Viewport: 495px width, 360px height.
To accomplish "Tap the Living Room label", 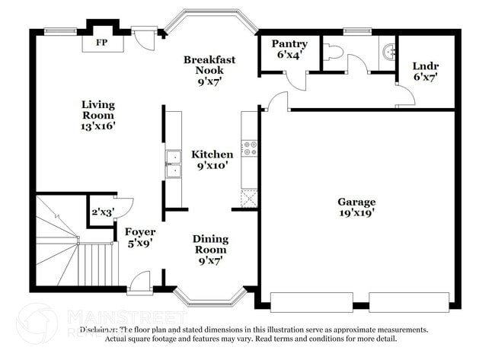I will (99, 115).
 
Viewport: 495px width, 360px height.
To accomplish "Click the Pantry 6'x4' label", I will (289, 49).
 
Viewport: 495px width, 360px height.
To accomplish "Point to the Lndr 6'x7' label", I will (426, 71).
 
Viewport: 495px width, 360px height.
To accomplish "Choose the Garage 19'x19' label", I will (357, 207).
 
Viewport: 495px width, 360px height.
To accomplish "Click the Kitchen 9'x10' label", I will (212, 159).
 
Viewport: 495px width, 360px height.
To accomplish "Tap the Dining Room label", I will (209, 249).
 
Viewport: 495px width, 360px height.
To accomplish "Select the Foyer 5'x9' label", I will (140, 237).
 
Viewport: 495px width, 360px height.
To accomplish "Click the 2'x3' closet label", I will (102, 212).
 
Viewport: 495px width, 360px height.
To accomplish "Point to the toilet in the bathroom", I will (333, 52).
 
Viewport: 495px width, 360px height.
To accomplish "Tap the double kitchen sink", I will (174, 164).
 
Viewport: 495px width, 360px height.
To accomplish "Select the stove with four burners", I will (250, 148).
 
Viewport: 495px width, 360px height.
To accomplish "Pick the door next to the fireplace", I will (142, 38).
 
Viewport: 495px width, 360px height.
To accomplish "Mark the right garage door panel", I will (409, 301).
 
